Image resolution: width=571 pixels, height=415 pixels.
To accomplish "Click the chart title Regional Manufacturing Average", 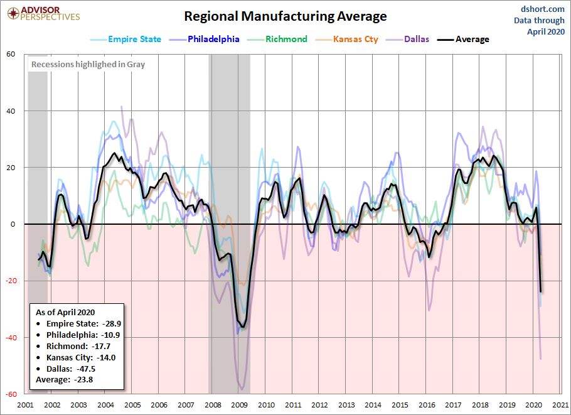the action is click(x=285, y=16).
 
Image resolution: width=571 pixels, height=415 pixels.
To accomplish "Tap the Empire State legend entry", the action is click(x=125, y=40).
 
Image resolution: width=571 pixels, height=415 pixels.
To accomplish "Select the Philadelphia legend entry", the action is click(x=205, y=40).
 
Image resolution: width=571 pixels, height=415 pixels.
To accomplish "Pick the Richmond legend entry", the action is click(x=277, y=40).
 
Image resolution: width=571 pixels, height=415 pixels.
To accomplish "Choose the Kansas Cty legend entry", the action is click(x=346, y=40).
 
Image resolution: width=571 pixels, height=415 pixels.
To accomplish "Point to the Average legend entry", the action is click(x=463, y=40).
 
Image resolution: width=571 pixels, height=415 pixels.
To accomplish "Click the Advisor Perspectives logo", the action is click(x=43, y=14).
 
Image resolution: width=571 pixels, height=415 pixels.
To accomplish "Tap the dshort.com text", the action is click(x=543, y=9).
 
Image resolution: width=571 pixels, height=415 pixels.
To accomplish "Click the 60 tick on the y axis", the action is click(x=11, y=54).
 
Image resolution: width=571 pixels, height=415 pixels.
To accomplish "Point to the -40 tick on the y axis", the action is click(x=10, y=338).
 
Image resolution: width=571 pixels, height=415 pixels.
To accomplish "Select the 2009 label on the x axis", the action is click(x=239, y=405).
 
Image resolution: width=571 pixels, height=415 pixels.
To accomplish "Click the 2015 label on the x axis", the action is click(x=400, y=405).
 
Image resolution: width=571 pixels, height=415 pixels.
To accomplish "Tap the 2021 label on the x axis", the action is click(x=560, y=405).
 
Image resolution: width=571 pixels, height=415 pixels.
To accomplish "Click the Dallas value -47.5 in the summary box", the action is click(x=86, y=369).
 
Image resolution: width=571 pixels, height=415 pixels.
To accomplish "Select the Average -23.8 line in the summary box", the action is click(x=64, y=380).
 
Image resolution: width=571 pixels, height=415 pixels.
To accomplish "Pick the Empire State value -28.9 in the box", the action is click(x=112, y=323).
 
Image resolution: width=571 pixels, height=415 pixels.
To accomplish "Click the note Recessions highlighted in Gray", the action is click(x=88, y=65).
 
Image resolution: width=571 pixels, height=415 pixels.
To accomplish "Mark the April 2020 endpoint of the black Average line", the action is click(x=540, y=291).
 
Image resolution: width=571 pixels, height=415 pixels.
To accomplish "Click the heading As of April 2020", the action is click(x=65, y=312).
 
